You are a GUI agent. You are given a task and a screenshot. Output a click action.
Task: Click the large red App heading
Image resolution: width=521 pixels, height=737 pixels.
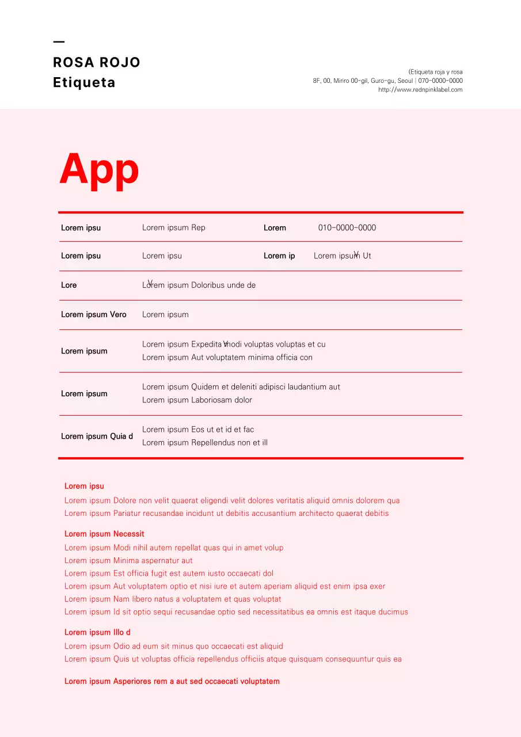pos(99,169)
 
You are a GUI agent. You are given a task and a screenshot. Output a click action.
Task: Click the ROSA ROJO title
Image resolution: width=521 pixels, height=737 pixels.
pos(97,62)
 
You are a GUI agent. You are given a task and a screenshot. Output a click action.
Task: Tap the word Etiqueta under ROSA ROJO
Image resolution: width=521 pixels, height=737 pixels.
pos(84,82)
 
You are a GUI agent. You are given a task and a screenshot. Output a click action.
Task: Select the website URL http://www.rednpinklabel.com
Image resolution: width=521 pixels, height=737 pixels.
pos(420,90)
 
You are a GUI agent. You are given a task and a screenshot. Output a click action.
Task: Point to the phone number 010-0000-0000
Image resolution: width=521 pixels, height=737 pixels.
pos(347,227)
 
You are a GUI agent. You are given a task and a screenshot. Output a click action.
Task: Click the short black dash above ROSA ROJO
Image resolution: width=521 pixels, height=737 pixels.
pos(59,41)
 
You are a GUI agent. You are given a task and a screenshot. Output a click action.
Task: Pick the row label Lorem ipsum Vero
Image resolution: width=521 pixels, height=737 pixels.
pos(93,314)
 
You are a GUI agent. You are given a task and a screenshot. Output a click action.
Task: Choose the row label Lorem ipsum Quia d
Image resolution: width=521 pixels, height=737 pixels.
pos(97,436)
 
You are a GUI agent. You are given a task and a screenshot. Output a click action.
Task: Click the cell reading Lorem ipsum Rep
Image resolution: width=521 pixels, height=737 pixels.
pos(173,227)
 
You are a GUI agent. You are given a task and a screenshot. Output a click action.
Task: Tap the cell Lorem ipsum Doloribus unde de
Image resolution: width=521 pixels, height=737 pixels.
pos(199,285)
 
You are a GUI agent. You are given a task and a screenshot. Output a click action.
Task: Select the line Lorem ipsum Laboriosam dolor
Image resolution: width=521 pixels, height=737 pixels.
pos(197,400)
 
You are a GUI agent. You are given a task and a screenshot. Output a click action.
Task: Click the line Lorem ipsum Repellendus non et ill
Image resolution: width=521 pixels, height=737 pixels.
pos(204,443)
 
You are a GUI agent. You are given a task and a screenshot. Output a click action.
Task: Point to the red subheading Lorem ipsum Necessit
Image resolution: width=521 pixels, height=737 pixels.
pos(104,534)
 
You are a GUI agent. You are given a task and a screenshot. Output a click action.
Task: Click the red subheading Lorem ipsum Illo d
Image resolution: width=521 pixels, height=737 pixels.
pos(97,632)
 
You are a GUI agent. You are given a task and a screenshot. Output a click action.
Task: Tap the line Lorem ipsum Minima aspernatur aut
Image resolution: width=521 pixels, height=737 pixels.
pos(128,561)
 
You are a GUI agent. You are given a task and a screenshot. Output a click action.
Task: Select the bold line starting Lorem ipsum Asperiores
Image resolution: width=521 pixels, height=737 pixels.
pos(172,681)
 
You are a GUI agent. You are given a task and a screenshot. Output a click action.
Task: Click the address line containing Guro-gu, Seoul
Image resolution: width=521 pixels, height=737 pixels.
pos(387,81)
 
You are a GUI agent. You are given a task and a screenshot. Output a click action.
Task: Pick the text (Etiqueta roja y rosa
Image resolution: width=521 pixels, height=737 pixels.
pos(435,72)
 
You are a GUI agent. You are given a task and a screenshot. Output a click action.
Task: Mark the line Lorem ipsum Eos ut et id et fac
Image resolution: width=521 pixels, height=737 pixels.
pos(197,430)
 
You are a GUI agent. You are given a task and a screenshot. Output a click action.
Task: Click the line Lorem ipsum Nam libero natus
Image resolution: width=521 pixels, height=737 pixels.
pos(173,599)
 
